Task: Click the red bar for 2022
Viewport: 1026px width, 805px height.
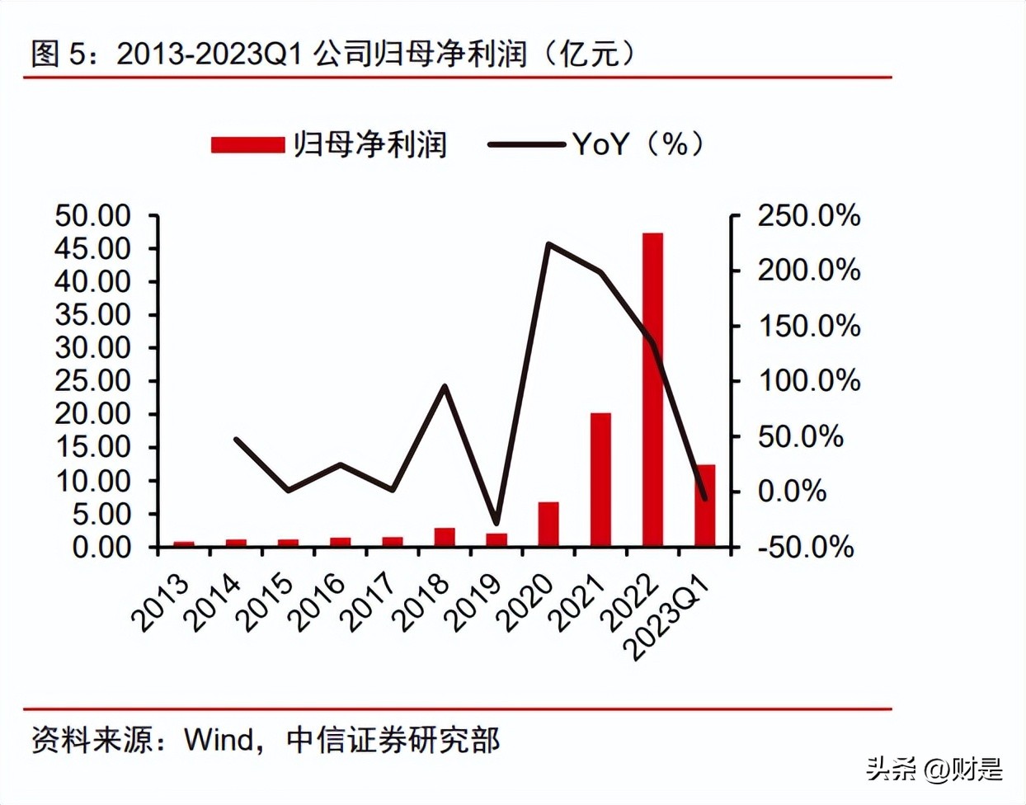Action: [652, 389]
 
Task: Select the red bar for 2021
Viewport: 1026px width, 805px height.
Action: [600, 479]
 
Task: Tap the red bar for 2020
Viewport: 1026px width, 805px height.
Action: [548, 524]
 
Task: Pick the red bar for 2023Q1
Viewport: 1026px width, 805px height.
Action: [705, 505]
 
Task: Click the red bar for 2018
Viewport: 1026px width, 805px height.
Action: [445, 537]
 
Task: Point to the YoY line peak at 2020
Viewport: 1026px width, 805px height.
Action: [548, 244]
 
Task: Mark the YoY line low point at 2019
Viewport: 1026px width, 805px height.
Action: [496, 523]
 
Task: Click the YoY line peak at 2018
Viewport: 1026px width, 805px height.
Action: [445, 386]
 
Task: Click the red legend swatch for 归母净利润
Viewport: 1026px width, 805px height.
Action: [247, 145]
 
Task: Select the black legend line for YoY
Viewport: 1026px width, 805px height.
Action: [525, 145]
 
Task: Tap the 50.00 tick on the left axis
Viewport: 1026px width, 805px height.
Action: [93, 216]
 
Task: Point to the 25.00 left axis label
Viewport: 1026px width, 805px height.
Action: [93, 381]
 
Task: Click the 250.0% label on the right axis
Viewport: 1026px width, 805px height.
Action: [808, 216]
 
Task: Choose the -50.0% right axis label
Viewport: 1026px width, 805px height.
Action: [805, 547]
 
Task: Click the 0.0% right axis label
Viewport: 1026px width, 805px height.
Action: [792, 492]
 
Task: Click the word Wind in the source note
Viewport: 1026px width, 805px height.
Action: [219, 740]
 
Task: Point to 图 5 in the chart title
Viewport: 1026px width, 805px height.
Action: [58, 54]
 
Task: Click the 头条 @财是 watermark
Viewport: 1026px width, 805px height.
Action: [934, 770]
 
